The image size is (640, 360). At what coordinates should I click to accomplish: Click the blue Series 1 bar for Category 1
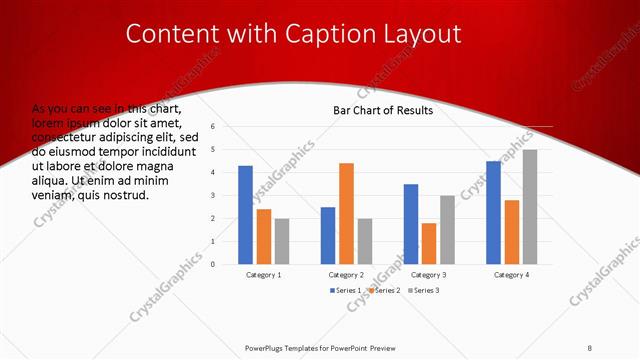[x=245, y=215]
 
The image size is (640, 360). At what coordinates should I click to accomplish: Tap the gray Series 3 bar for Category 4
[x=530, y=207]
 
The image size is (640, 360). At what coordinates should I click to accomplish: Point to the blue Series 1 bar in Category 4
[x=493, y=212]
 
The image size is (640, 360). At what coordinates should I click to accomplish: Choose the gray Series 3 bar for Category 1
[x=282, y=241]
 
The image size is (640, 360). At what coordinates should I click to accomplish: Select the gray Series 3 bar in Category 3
[x=447, y=229]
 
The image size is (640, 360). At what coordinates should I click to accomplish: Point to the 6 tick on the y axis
[x=212, y=127]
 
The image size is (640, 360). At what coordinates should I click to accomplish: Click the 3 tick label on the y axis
[x=212, y=196]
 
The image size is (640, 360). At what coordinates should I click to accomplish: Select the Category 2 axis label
[x=346, y=274]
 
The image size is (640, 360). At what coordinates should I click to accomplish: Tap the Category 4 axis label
[x=511, y=274]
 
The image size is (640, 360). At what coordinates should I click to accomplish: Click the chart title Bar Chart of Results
[x=383, y=110]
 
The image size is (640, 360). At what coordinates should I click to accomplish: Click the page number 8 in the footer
[x=590, y=347]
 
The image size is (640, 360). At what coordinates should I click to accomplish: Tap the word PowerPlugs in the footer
[x=269, y=347]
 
